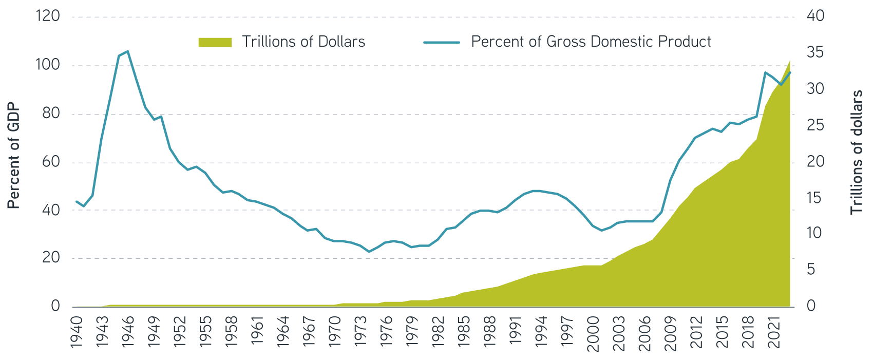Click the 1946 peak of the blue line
pos(127,51)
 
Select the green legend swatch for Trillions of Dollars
pos(215,42)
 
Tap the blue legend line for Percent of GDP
pos(442,42)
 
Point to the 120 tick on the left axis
pos(48,16)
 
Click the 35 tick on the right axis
pos(815,52)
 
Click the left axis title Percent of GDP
pos(14,156)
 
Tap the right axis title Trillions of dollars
pos(856,153)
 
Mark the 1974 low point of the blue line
pos(368,252)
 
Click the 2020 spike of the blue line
pos(765,72)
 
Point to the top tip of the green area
pos(790,60)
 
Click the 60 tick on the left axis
pos(51,162)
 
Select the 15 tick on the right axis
pos(815,198)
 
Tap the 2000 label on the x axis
pos(593,333)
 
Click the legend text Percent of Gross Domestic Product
pos(591,42)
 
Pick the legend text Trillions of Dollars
pos(303,42)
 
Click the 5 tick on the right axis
pos(811,270)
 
